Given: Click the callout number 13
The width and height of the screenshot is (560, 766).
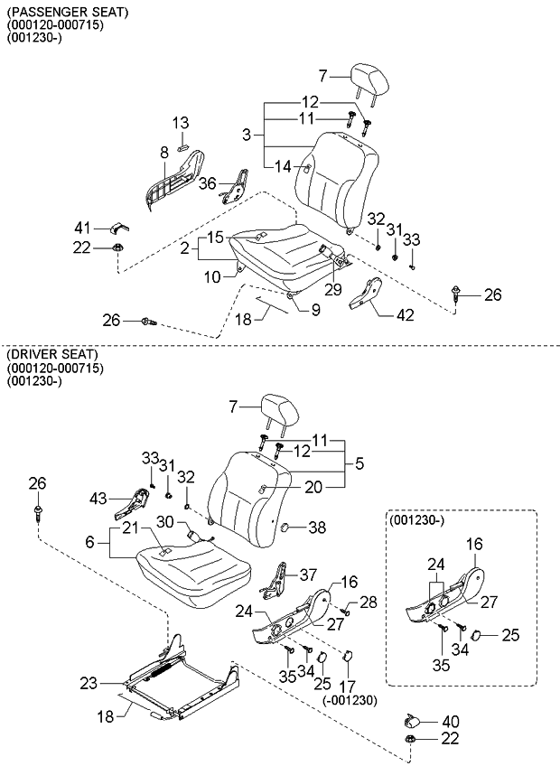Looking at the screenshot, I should (181, 122).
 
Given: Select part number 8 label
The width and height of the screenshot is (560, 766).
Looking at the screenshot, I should (163, 154).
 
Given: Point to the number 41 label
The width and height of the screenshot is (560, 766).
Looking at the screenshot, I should (82, 227).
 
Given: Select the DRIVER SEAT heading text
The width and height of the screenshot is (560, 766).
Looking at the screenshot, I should (51, 353).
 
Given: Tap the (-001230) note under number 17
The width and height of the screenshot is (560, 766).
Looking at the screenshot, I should (349, 700).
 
